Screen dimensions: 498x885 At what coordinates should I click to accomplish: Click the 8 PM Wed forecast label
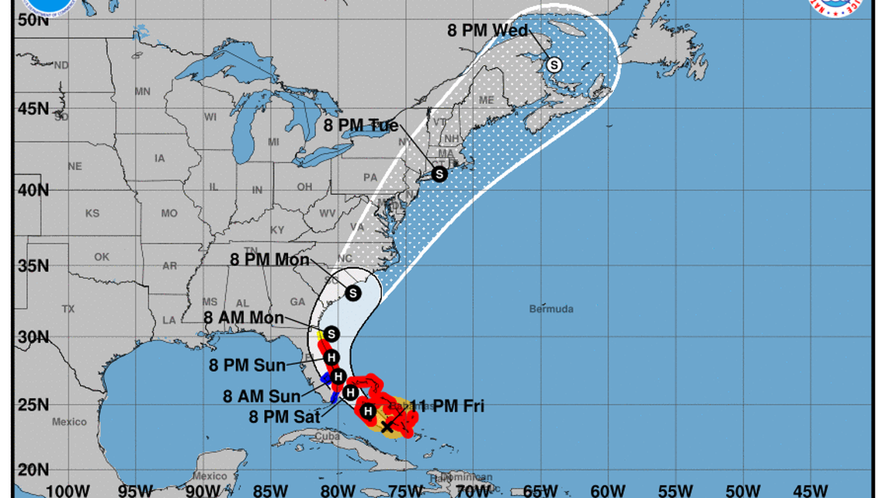(488, 31)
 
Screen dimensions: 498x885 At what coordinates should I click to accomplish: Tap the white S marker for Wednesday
(554, 65)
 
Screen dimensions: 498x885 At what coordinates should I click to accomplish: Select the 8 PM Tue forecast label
(362, 126)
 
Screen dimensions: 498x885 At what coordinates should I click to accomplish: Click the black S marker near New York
(439, 174)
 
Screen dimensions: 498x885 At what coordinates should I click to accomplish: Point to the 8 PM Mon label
(269, 260)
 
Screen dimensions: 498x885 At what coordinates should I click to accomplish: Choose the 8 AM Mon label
(243, 318)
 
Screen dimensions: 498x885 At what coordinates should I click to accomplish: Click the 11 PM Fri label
(447, 406)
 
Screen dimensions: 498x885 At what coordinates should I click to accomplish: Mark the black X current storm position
(387, 427)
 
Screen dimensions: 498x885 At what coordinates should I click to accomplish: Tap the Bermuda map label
(551, 309)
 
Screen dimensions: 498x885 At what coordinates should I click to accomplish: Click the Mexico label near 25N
(69, 422)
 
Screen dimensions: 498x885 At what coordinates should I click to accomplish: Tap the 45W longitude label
(810, 490)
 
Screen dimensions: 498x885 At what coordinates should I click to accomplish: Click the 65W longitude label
(540, 490)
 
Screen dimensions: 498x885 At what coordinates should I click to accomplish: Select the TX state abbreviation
(68, 309)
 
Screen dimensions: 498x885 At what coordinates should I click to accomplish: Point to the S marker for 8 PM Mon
(353, 293)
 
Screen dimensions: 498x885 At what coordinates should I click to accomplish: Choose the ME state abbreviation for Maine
(487, 100)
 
